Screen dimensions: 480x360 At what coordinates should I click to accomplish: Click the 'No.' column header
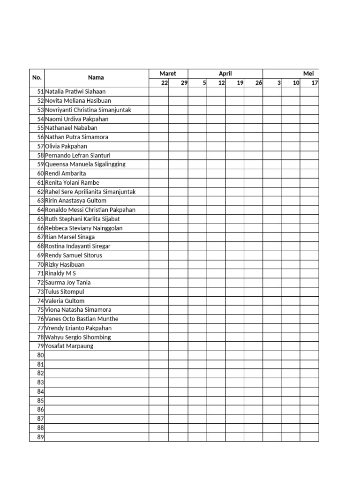(37, 78)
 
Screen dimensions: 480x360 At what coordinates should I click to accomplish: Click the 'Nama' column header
(96, 78)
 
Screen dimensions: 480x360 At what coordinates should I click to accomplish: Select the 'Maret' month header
(168, 74)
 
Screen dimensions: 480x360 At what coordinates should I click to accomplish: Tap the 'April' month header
(225, 74)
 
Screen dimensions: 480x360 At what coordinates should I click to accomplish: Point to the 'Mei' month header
(308, 74)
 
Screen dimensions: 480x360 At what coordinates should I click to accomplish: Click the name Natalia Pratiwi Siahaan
(79, 92)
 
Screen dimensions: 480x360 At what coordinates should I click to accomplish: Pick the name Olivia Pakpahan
(66, 146)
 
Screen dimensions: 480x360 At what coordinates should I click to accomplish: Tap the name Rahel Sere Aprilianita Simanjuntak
(90, 192)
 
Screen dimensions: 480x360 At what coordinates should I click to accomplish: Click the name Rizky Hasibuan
(65, 264)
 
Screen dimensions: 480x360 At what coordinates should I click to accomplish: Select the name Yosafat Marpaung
(69, 346)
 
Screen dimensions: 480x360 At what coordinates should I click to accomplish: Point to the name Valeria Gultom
(65, 301)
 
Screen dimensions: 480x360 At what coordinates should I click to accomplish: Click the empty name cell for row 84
(96, 391)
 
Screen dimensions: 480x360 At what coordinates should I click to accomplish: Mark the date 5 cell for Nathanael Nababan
(197, 128)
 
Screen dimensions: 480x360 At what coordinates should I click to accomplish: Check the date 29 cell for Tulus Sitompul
(178, 292)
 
